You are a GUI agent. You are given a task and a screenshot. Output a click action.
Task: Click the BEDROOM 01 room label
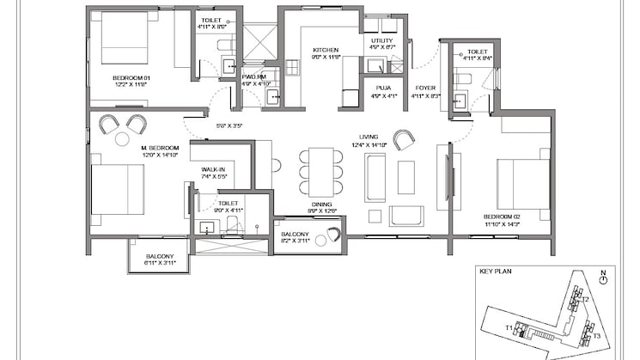130,78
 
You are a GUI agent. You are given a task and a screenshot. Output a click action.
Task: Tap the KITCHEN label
325,50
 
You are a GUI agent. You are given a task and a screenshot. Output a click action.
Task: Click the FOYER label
425,87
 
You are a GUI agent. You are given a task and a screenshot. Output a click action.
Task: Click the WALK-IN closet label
213,170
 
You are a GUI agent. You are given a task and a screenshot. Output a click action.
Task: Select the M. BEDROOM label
158,146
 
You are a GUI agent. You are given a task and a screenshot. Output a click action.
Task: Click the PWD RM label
255,76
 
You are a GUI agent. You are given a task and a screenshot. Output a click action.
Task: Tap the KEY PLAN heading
496,268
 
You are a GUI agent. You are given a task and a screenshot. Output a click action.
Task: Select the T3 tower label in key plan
594,336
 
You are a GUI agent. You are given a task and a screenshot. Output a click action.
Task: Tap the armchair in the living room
403,139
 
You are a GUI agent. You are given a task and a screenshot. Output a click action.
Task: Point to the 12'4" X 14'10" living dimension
370,146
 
